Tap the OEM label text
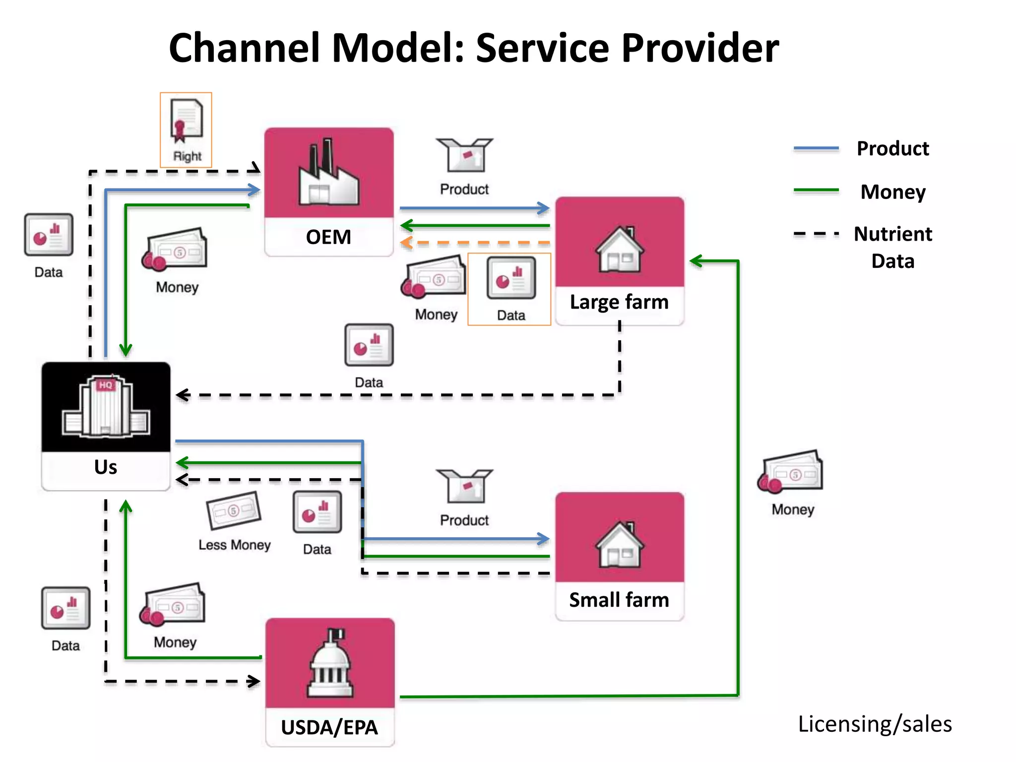pyautogui.click(x=328, y=237)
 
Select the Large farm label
pyautogui.click(x=619, y=302)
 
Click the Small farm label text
pyautogui.click(x=619, y=600)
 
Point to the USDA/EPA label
pyautogui.click(x=329, y=727)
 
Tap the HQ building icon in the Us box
pyautogui.click(x=106, y=407)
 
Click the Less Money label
pyautogui.click(x=235, y=545)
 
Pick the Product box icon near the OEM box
pyautogui.click(x=464, y=155)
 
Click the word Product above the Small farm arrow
pyautogui.click(x=464, y=520)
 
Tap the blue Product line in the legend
pyautogui.click(x=816, y=148)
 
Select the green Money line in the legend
pyautogui.click(x=816, y=190)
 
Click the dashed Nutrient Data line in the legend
pyautogui.click(x=816, y=233)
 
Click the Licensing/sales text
pyautogui.click(x=875, y=724)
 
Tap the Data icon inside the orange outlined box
pyautogui.click(x=511, y=278)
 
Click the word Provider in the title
pyautogui.click(x=700, y=48)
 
